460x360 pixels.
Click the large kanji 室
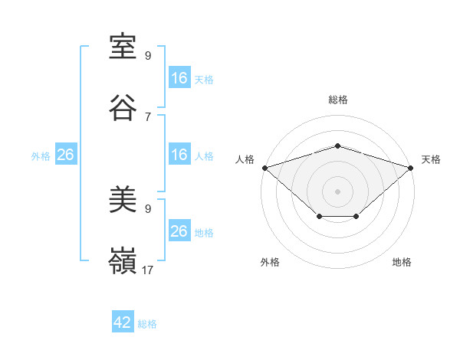(123, 47)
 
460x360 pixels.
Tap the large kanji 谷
(123, 107)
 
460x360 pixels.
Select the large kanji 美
(123, 199)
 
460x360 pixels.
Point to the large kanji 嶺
(123, 260)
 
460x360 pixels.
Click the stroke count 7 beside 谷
(148, 117)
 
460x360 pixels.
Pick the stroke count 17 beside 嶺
(147, 270)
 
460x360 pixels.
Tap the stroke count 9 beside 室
(148, 56)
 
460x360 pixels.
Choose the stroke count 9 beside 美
(148, 209)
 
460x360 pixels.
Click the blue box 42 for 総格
(123, 321)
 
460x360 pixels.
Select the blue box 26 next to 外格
(66, 154)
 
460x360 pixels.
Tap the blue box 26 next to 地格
(179, 230)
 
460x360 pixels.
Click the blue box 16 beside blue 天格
(179, 77)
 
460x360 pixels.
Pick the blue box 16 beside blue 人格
(179, 154)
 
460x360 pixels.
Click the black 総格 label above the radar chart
(338, 100)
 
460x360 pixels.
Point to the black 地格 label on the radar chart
(402, 262)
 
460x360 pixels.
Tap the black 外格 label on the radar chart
(270, 262)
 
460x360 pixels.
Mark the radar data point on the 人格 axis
(265, 168)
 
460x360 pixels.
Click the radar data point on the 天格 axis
(411, 168)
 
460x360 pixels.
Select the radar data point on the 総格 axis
(337, 146)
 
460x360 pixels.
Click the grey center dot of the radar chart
(337, 191)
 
